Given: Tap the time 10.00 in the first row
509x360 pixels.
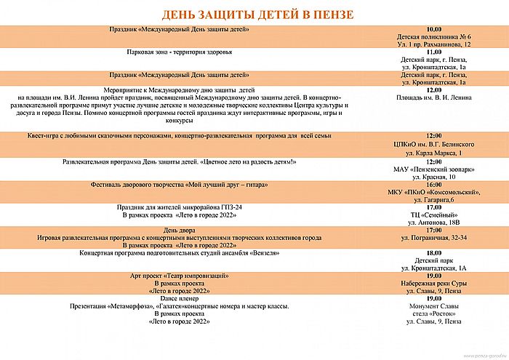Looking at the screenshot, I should click(x=435, y=29).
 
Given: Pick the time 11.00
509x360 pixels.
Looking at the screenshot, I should click(x=435, y=52).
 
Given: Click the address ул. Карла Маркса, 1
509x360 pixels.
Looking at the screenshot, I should click(x=435, y=153).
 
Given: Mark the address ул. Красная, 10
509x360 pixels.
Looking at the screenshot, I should click(x=435, y=177).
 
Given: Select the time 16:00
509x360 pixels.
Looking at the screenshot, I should click(x=435, y=185).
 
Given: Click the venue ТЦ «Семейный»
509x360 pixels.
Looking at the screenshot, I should click(x=435, y=216).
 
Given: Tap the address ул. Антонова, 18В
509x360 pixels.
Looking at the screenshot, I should click(x=435, y=224).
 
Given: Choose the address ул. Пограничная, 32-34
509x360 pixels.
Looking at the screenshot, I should click(x=435, y=238).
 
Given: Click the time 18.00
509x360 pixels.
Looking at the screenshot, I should click(x=435, y=252).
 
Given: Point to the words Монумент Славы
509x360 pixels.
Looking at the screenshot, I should click(x=435, y=306).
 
